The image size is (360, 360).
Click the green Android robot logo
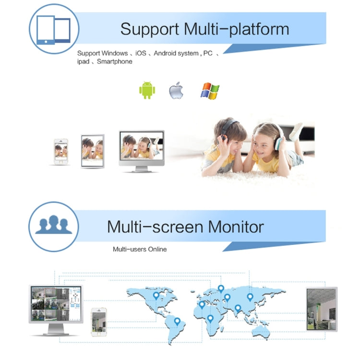tap(147, 90)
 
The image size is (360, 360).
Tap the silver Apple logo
tap(176, 90)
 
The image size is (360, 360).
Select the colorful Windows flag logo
tap(210, 91)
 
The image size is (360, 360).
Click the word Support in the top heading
tap(150, 29)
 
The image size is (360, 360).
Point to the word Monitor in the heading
tap(236, 227)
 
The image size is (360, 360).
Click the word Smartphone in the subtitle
tap(115, 61)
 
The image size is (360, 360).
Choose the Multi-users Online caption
tap(140, 249)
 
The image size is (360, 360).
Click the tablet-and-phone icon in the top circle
tap(53, 30)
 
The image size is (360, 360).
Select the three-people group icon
tap(54, 225)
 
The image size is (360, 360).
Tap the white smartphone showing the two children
tap(61, 152)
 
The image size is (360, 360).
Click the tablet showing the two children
tap(93, 151)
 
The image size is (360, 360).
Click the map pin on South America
tap(177, 322)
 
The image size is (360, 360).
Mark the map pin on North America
tap(156, 296)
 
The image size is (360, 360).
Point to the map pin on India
tap(238, 308)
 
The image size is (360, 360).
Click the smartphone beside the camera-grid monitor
tap(99, 322)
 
